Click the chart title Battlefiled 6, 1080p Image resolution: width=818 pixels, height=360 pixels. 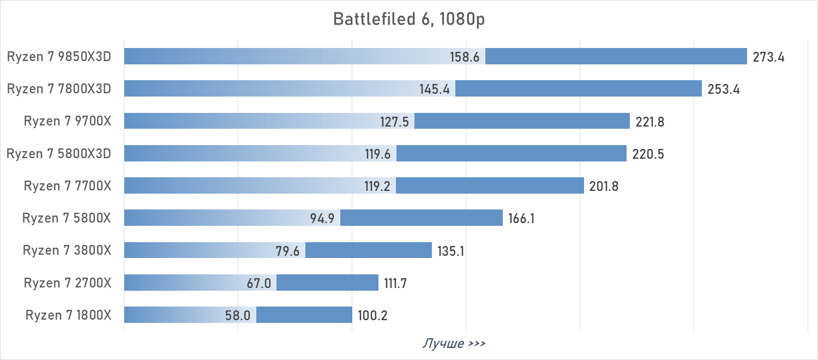click(409, 20)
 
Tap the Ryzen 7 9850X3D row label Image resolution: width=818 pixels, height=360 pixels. click(59, 57)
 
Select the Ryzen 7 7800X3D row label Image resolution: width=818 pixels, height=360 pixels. click(59, 89)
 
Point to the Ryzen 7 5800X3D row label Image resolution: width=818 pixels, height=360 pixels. click(59, 154)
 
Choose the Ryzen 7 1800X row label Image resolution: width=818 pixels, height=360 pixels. click(68, 315)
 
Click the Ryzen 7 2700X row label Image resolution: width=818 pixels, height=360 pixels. click(68, 283)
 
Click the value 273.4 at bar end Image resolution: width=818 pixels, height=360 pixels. click(768, 57)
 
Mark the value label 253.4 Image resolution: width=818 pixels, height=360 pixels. click(723, 89)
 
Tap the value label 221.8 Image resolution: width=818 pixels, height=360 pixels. click(649, 122)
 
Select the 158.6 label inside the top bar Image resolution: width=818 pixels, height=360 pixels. click(464, 57)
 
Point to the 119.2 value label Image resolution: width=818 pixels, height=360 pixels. click(377, 187)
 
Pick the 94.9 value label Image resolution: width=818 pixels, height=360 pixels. click(322, 219)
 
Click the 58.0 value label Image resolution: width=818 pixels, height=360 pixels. click(238, 316)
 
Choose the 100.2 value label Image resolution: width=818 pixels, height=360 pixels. click(372, 316)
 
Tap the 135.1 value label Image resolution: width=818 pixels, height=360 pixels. click(450, 251)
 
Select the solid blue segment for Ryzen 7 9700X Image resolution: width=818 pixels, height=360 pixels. click(522, 121)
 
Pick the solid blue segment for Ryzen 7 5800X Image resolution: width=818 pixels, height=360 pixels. click(421, 218)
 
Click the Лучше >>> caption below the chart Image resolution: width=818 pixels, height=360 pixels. click(454, 344)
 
